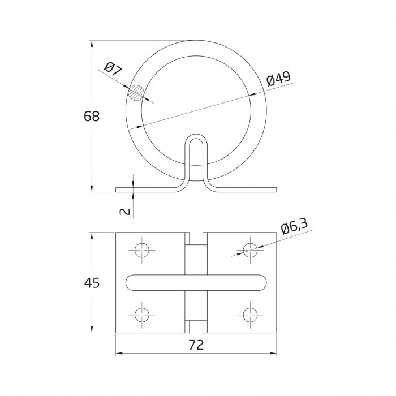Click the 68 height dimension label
(92, 117)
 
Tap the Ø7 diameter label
(113, 69)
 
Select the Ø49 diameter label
(279, 79)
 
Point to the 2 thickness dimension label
(125, 211)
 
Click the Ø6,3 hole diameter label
(294, 226)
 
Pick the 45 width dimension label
(92, 283)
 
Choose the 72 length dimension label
(196, 345)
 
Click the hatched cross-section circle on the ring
(136, 93)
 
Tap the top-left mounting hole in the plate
(142, 250)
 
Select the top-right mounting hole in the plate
(250, 250)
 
